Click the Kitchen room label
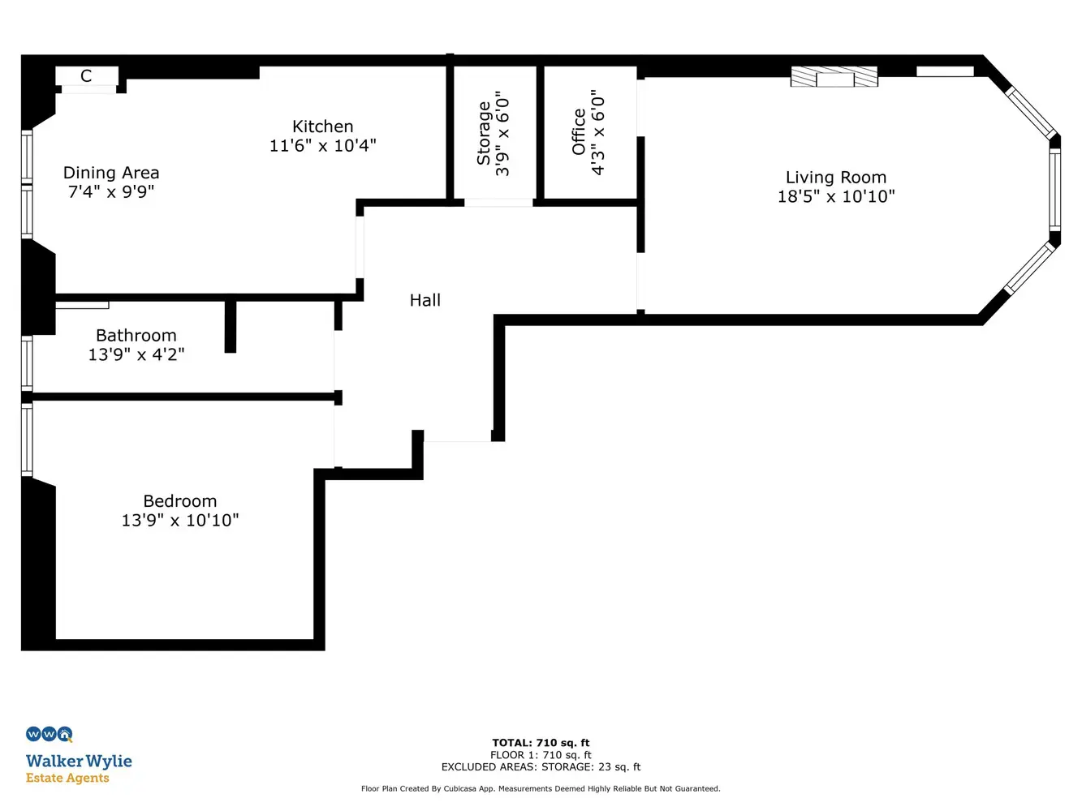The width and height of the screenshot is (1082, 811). tap(322, 127)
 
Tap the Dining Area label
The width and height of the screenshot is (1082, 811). tap(111, 173)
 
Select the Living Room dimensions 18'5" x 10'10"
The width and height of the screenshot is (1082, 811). tap(835, 196)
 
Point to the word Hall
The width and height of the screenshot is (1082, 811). tap(425, 300)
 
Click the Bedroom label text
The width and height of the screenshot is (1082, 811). tap(180, 501)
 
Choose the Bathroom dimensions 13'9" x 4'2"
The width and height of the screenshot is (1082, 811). tap(136, 354)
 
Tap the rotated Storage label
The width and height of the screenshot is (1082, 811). tap(484, 133)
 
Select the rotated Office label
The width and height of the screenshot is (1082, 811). tap(579, 132)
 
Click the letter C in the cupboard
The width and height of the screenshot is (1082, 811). tap(86, 76)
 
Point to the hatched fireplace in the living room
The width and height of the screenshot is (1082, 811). tap(834, 77)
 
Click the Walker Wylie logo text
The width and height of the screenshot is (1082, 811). tap(79, 761)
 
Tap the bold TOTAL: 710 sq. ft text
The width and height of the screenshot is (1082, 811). tap(541, 743)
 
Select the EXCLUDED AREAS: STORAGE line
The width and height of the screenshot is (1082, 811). tap(541, 766)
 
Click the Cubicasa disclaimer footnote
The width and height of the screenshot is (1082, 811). tap(541, 788)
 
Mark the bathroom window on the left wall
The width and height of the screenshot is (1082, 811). tap(27, 364)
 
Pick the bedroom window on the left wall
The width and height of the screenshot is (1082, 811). tap(27, 440)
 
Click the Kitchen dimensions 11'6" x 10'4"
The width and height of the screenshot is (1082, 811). tap(322, 146)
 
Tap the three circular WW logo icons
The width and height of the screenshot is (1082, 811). tap(50, 734)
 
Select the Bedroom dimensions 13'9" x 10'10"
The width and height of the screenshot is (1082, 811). tap(180, 521)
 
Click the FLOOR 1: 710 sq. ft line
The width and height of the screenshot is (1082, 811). tap(541, 755)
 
